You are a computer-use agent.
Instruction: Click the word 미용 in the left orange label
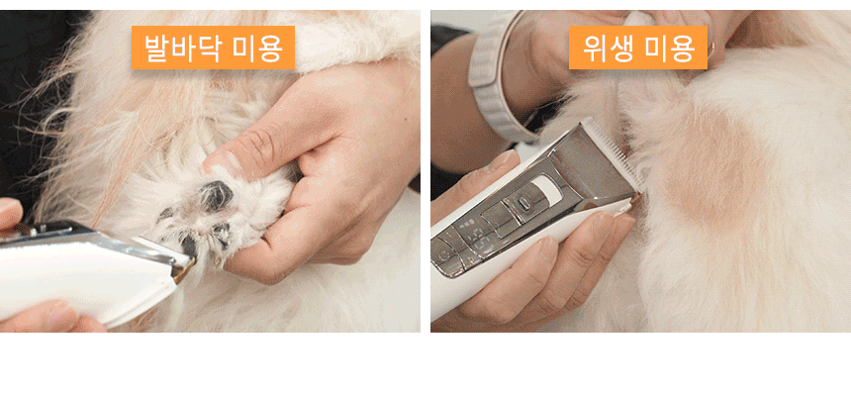[x=258, y=48]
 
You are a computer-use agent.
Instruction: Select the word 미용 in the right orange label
[x=671, y=48]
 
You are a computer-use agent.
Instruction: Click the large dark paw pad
[x=217, y=194]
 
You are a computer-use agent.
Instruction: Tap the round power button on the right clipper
[x=522, y=203]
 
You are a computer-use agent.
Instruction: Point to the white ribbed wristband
[x=497, y=81]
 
